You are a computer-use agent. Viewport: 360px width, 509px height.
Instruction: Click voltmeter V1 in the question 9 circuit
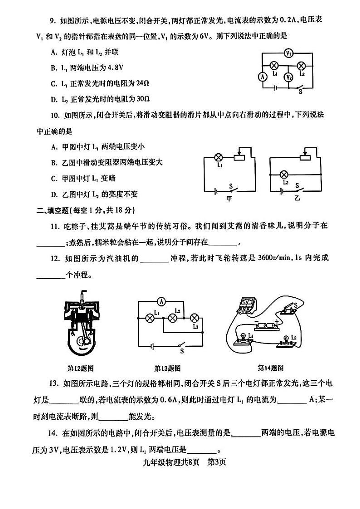point(287,53)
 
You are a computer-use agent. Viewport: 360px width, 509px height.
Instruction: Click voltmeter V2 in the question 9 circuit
point(288,77)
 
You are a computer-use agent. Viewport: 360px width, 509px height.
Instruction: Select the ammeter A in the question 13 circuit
point(173,301)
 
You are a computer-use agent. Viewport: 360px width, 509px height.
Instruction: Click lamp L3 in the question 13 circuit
point(195,317)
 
